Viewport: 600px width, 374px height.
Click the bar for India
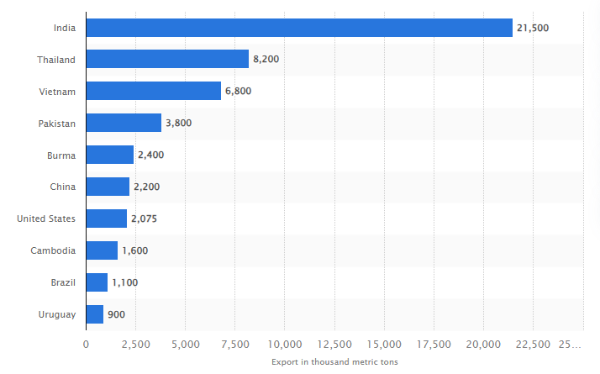click(x=299, y=28)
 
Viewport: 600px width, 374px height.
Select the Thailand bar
click(x=167, y=60)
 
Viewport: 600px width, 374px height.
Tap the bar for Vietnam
click(x=153, y=91)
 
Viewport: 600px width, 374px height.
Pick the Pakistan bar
click(x=124, y=123)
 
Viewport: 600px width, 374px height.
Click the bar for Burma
click(x=109, y=155)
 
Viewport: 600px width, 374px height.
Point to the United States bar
click(x=106, y=219)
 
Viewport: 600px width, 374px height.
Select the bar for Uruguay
click(x=94, y=314)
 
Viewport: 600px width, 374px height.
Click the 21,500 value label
click(x=533, y=28)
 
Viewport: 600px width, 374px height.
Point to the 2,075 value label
click(x=144, y=219)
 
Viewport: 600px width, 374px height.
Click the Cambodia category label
click(x=54, y=250)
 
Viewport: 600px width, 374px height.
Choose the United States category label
click(x=46, y=219)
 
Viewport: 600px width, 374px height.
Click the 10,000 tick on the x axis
click(x=285, y=344)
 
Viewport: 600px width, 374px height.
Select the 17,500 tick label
click(x=434, y=344)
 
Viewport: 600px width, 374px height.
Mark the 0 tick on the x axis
click(x=86, y=344)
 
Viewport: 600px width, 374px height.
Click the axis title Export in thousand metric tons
click(x=334, y=362)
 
